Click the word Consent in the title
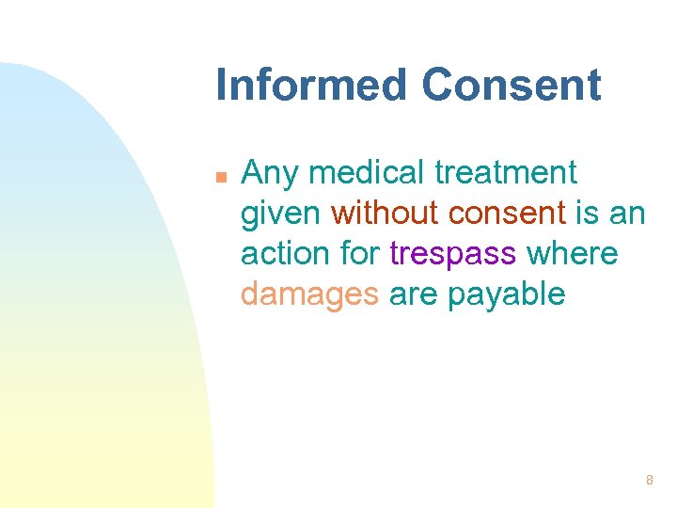click(x=511, y=85)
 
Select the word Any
click(x=270, y=174)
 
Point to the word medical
click(x=369, y=173)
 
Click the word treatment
click(x=509, y=173)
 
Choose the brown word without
click(x=385, y=214)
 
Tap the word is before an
click(x=587, y=214)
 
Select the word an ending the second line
click(x=627, y=214)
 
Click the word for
click(x=359, y=254)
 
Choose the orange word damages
click(x=309, y=295)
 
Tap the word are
click(x=413, y=294)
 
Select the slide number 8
click(x=649, y=481)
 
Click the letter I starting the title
click(x=222, y=85)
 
